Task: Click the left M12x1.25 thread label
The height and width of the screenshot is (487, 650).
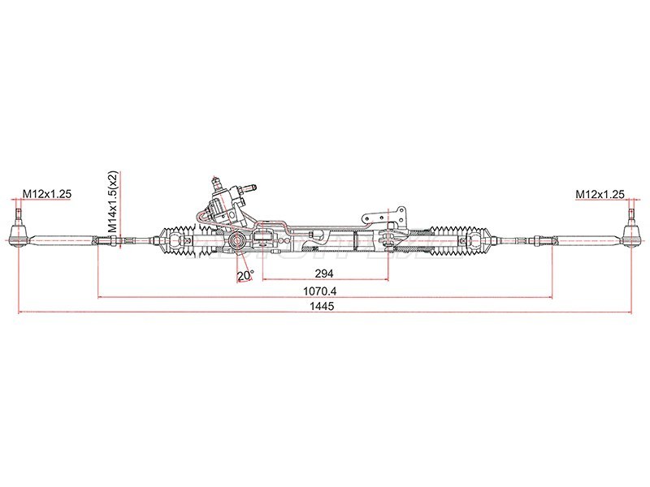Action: [x=47, y=193]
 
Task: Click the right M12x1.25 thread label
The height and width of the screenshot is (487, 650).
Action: [x=600, y=194]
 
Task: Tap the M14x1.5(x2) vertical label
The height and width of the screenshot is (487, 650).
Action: [x=113, y=201]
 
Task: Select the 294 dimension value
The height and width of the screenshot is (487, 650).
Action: [x=324, y=274]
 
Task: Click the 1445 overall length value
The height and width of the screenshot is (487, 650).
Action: [x=325, y=307]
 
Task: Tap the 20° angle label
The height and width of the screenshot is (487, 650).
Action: [x=245, y=276]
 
